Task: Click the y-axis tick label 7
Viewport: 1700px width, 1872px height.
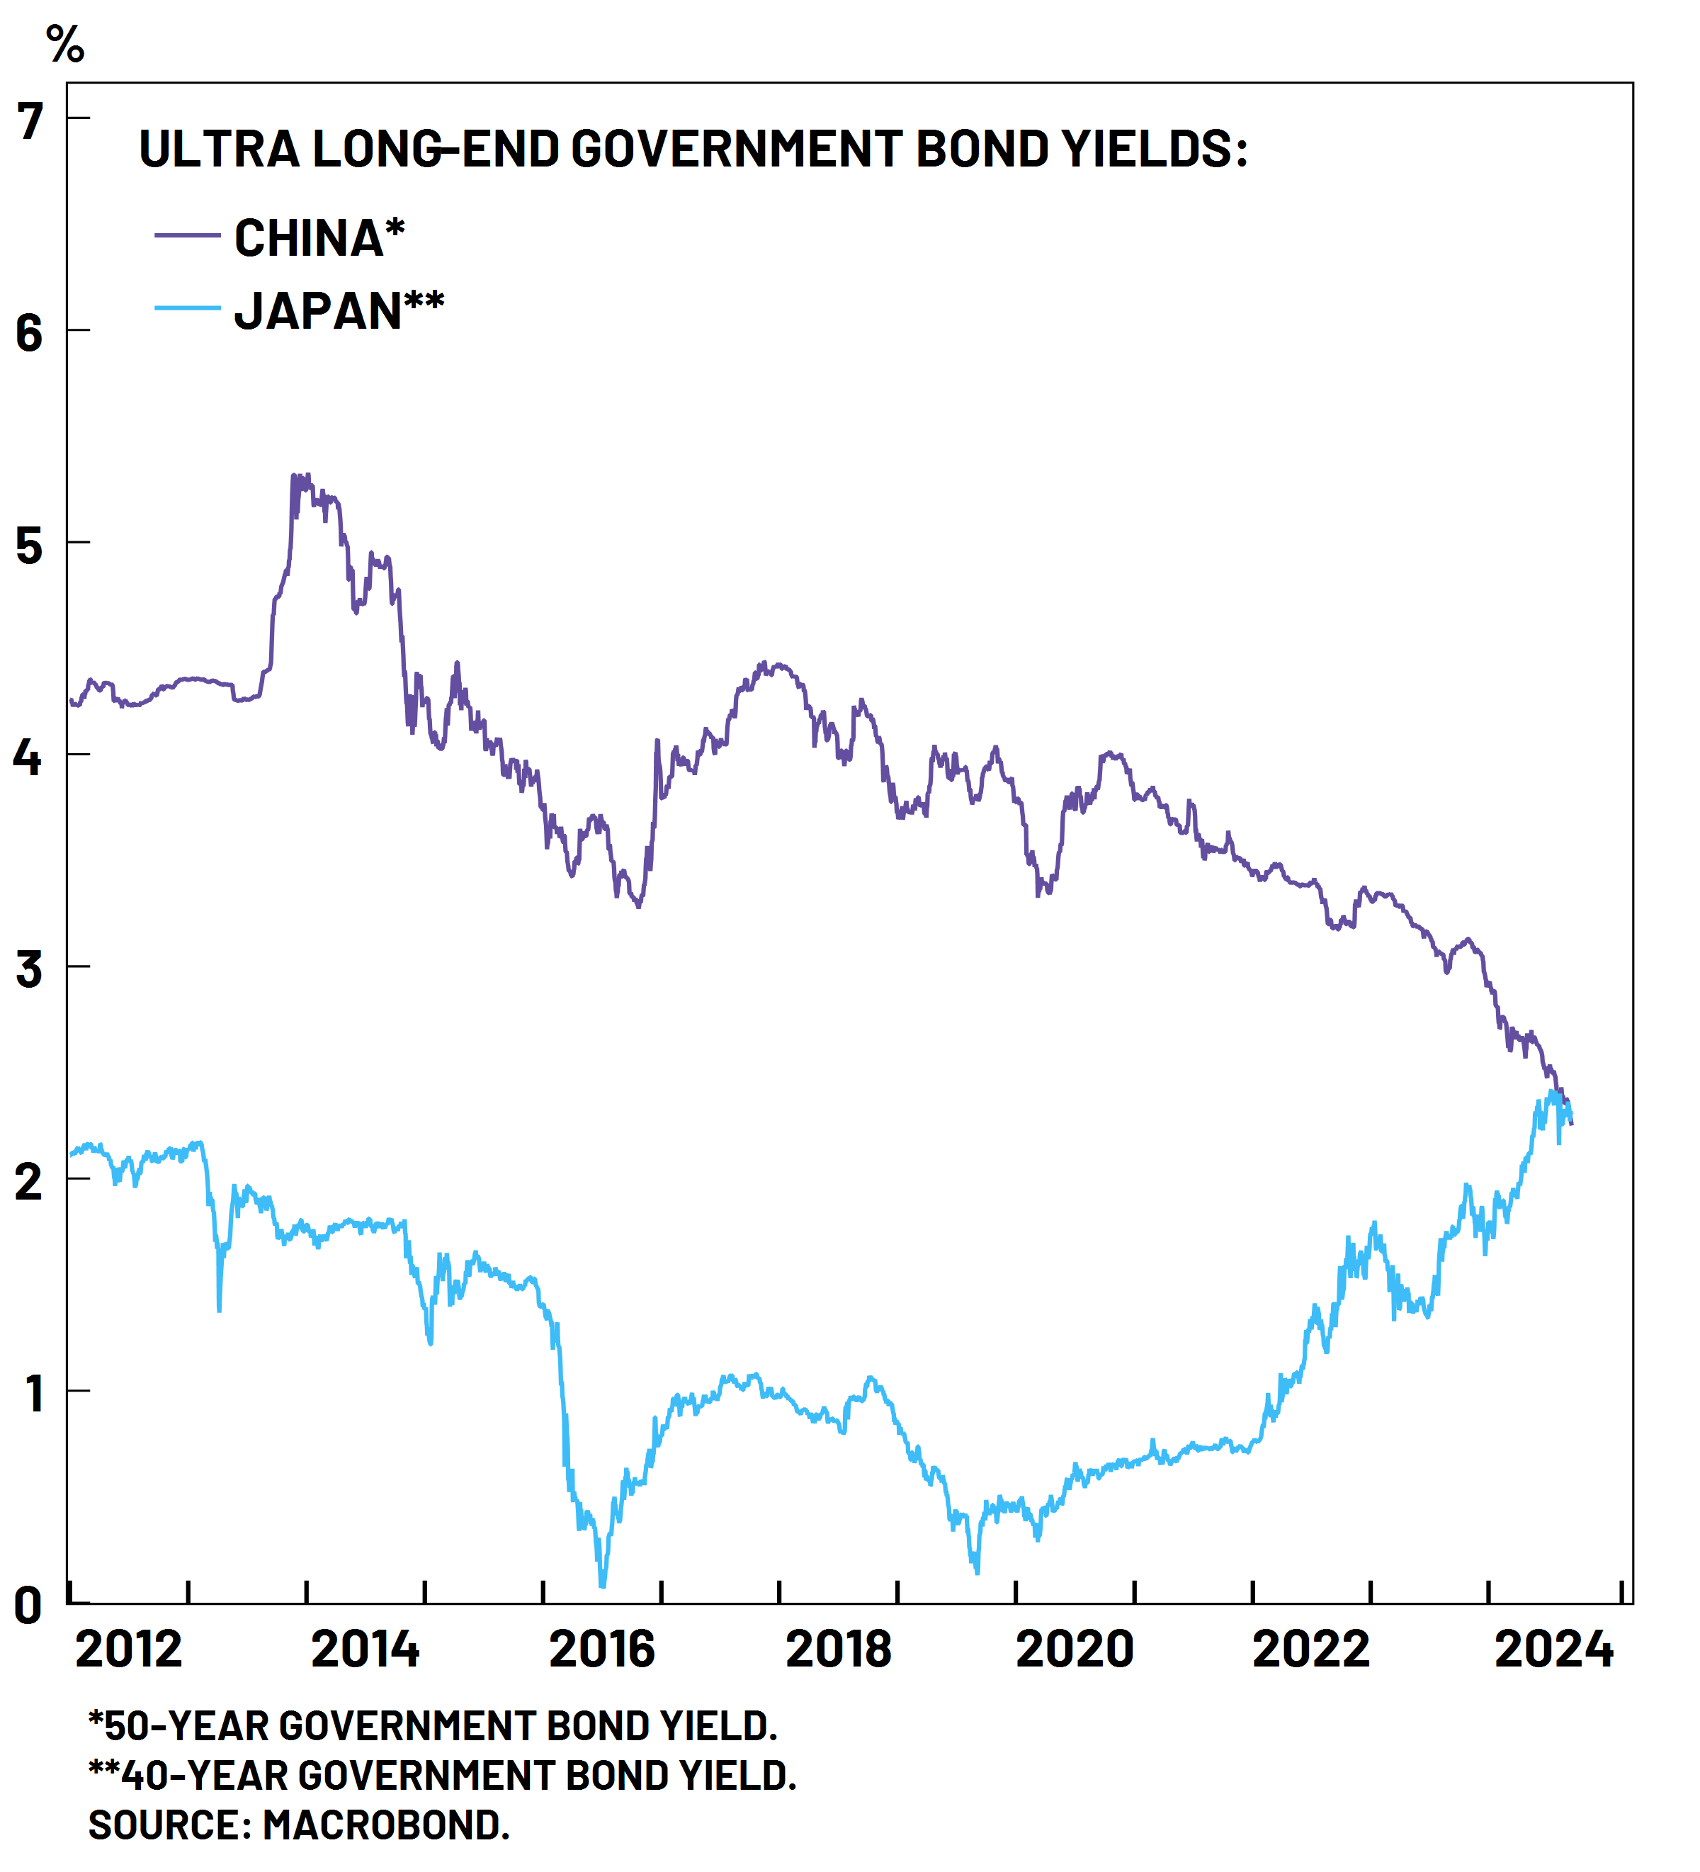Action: tap(30, 122)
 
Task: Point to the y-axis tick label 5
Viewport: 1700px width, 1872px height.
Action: tap(30, 546)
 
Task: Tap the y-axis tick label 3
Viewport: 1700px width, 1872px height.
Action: tap(30, 969)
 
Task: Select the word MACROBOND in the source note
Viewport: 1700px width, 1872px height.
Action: tap(385, 1825)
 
